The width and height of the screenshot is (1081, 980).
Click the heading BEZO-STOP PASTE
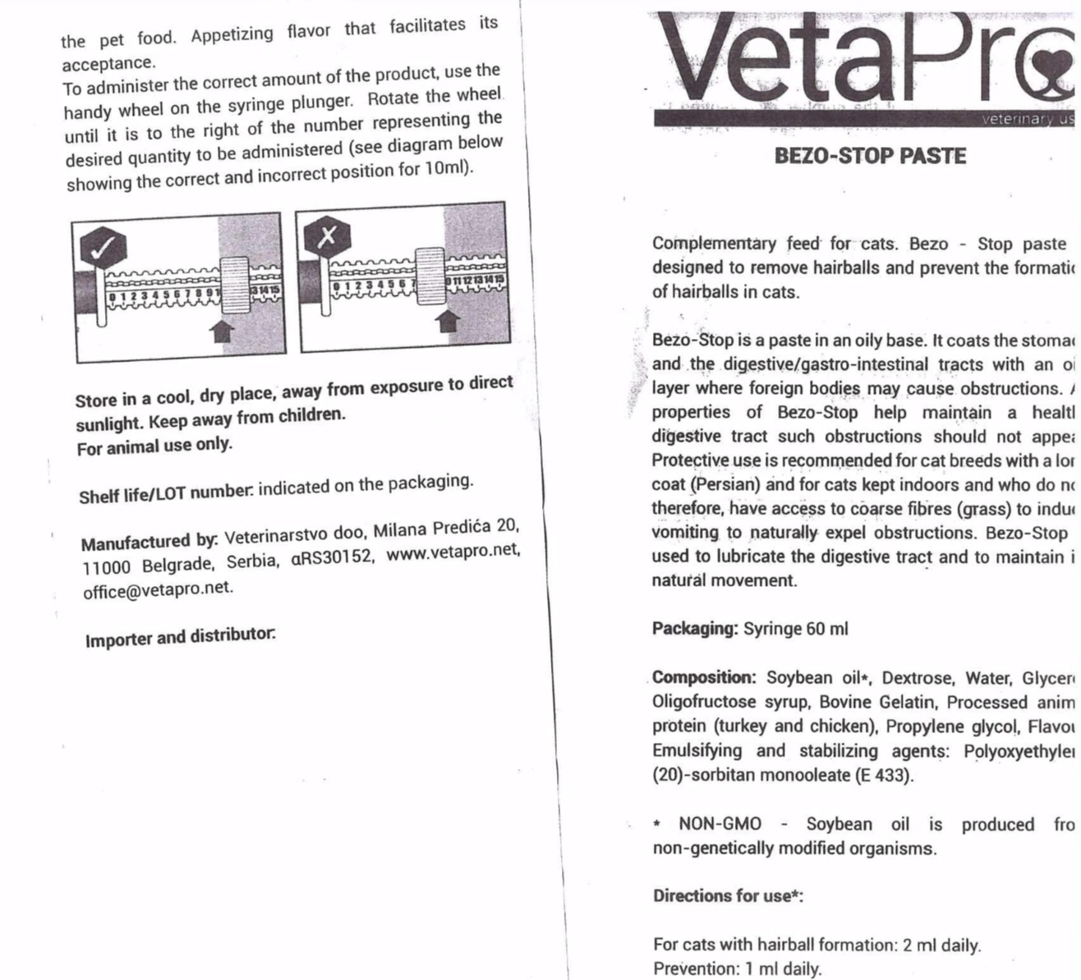click(870, 156)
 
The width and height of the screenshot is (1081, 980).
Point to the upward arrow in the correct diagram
click(223, 329)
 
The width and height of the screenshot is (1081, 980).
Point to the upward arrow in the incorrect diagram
click(447, 319)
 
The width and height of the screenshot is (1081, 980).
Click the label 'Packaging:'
click(694, 629)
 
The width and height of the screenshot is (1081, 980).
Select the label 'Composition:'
click(705, 678)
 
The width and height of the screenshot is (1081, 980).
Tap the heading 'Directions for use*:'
click(728, 895)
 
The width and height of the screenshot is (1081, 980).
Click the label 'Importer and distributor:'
click(181, 637)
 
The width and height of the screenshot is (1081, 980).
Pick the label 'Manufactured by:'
click(149, 541)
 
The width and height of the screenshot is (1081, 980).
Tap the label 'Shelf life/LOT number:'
click(166, 493)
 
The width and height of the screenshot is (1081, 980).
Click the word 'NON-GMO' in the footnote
click(720, 824)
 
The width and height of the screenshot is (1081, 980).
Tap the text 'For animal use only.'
click(154, 446)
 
